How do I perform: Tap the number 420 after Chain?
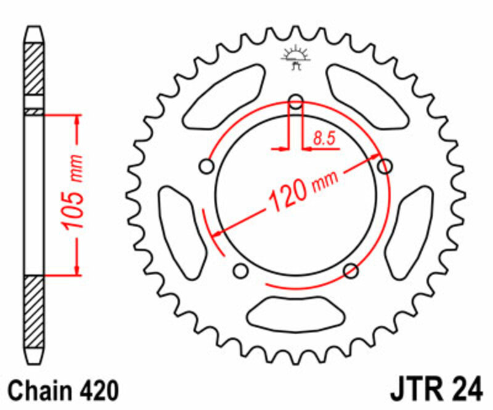(x=98, y=391)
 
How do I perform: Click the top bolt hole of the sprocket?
(x=296, y=102)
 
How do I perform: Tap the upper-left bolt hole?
(x=206, y=167)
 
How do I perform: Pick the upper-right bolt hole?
(x=385, y=166)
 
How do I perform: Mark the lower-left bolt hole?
(x=241, y=270)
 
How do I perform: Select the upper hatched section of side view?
(x=35, y=69)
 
